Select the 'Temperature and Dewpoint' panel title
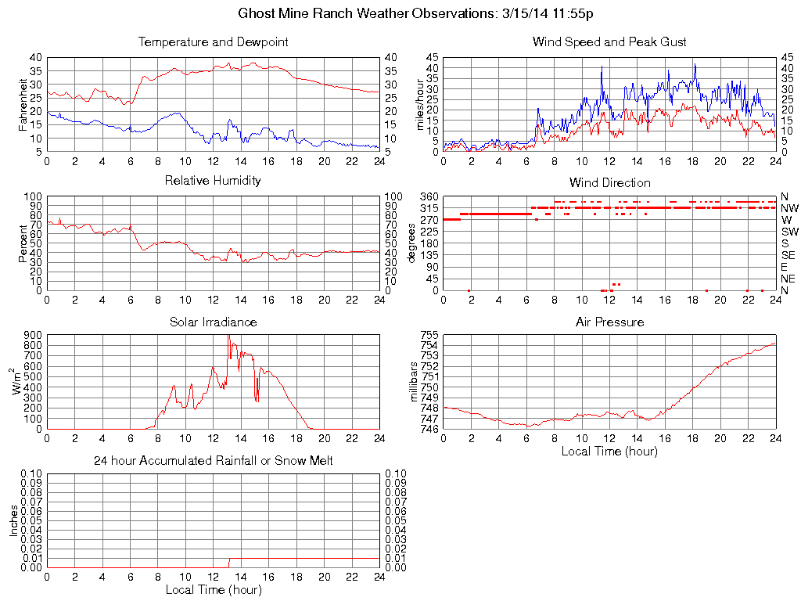(213, 42)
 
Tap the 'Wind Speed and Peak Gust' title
(609, 42)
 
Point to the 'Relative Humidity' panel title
(213, 181)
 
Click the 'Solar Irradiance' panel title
(213, 322)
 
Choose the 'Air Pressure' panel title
(609, 322)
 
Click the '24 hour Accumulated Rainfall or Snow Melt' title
(213, 461)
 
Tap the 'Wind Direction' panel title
(609, 182)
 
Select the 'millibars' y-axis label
(415, 381)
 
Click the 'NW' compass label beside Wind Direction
(789, 208)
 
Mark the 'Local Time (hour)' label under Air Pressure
(609, 451)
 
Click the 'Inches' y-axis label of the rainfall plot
(13, 520)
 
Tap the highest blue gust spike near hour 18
(694, 65)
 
